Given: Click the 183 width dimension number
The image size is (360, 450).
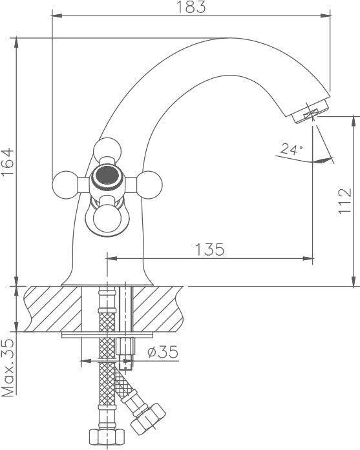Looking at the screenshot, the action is pos(191,7).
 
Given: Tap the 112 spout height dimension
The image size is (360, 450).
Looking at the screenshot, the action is pos(344,201).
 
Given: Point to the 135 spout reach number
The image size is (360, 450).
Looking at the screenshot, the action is pos(210,249).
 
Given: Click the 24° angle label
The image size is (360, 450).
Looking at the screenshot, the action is pos(291,149).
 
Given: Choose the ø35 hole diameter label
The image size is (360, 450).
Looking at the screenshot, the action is pos(163,352).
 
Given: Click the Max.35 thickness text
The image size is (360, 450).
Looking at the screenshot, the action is pos(8,368).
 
